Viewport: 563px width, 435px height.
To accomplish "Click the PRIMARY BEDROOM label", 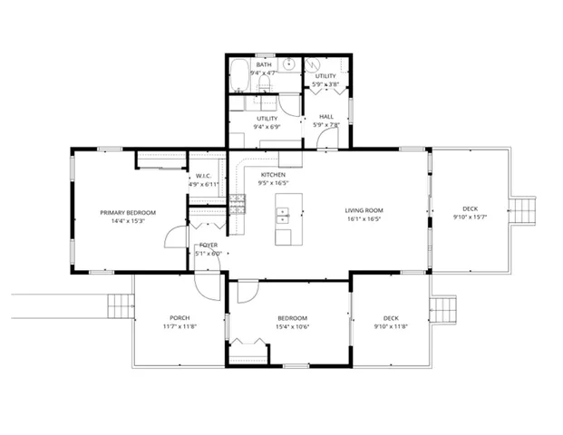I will pyautogui.click(x=128, y=213).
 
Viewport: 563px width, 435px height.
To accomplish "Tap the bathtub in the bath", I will pyautogui.click(x=238, y=77).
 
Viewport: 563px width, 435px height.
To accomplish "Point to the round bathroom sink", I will pyautogui.click(x=287, y=65).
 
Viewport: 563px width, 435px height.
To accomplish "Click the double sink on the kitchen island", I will pyautogui.click(x=282, y=216).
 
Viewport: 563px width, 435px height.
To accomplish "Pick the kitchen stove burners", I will pyautogui.click(x=239, y=204).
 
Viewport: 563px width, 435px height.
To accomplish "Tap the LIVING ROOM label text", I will pyautogui.click(x=364, y=211).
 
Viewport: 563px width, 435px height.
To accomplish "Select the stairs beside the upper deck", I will pyautogui.click(x=527, y=210).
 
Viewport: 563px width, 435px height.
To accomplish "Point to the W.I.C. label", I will pyautogui.click(x=203, y=176).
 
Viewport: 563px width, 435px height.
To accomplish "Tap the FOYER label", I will pyautogui.click(x=209, y=246).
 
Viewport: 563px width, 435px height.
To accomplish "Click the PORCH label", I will pyautogui.click(x=179, y=318).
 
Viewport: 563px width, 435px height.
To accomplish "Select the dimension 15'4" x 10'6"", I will pyautogui.click(x=292, y=326).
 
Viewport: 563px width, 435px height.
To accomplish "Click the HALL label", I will pyautogui.click(x=325, y=117).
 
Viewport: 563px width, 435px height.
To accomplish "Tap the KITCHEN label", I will pyautogui.click(x=273, y=175).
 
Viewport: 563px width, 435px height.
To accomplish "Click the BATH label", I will pyautogui.click(x=264, y=65).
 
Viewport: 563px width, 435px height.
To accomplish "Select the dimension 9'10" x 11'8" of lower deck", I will pyautogui.click(x=391, y=326).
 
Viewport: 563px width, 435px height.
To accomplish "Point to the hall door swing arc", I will pyautogui.click(x=328, y=139).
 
